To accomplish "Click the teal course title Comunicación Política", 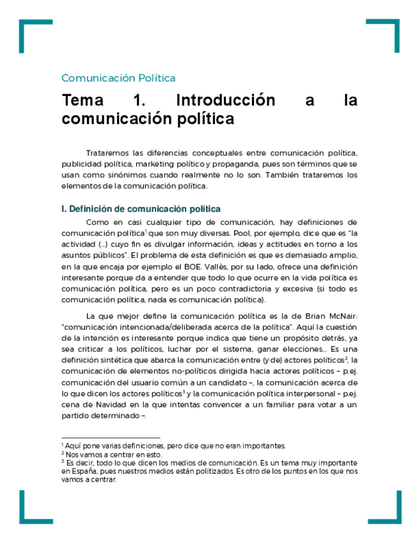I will pos(118,78).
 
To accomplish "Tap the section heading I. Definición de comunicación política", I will pos(141,209).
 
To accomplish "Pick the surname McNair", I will pos(336,317).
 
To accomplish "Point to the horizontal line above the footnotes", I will pos(102,439).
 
